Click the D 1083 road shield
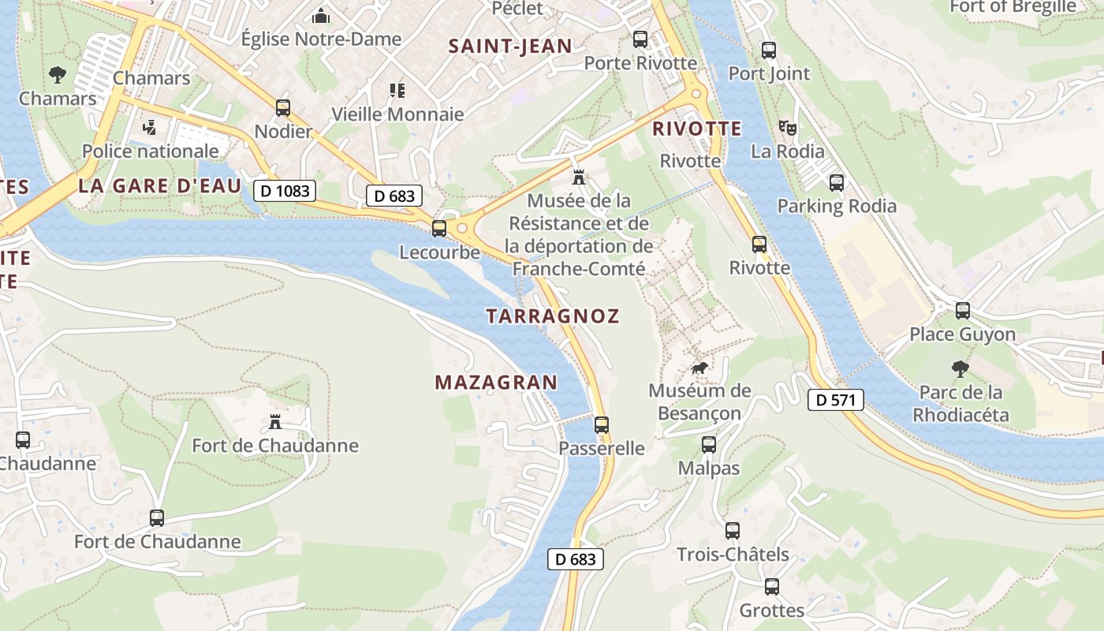click(x=285, y=190)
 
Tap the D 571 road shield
click(x=836, y=400)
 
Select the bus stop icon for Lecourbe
click(x=439, y=229)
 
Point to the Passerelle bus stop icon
click(x=602, y=425)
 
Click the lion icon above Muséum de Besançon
click(x=699, y=368)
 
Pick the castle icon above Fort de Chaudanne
click(x=275, y=422)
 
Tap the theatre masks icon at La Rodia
click(x=787, y=128)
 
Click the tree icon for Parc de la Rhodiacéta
click(x=960, y=368)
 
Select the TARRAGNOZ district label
click(x=553, y=316)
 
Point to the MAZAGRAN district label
click(x=496, y=383)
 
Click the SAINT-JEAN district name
click(x=510, y=46)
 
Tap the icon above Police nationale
click(x=149, y=128)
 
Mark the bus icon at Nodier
click(x=283, y=108)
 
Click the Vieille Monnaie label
click(x=397, y=114)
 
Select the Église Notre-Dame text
click(x=321, y=39)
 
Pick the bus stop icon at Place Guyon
click(x=963, y=311)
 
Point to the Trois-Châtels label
click(x=733, y=554)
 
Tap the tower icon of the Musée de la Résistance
click(x=580, y=177)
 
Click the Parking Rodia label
click(x=837, y=206)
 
